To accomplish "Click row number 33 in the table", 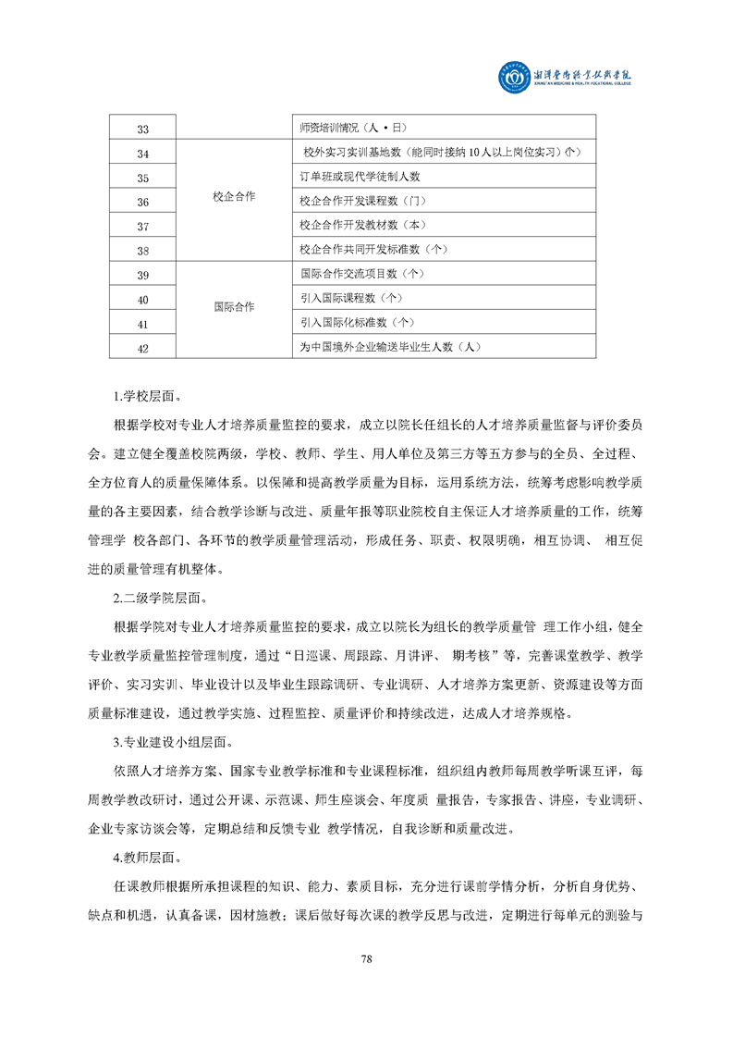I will point(142,130).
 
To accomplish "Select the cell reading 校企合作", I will point(233,197).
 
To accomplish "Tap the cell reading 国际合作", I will point(233,306).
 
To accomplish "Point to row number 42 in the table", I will point(142,349).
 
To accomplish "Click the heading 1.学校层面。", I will point(141,398).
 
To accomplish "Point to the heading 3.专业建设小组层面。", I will point(166,742).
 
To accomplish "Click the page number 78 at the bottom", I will point(366,958).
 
